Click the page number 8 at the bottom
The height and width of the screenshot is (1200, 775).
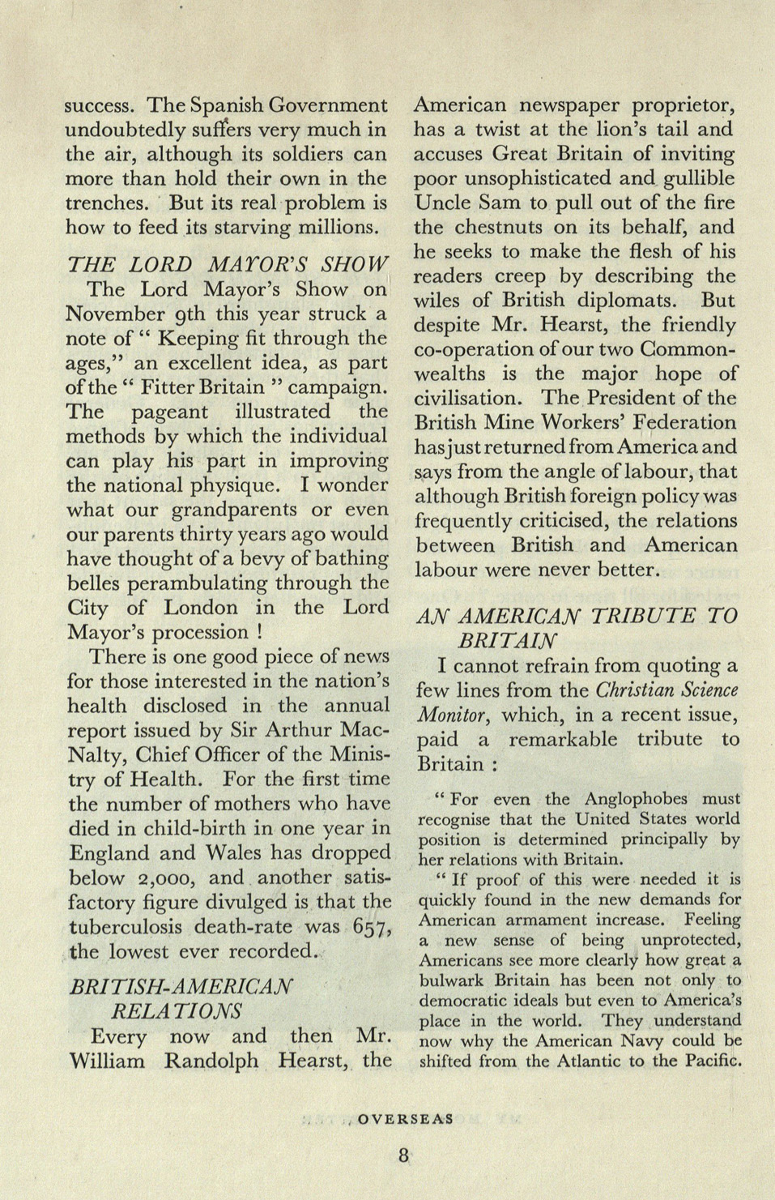403,1155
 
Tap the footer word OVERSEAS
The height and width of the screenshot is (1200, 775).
405,1119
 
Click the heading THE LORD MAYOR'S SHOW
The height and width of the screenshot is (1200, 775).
228,264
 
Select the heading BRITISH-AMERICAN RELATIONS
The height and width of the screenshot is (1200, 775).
181,998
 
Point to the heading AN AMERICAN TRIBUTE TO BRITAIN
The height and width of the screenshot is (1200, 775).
577,627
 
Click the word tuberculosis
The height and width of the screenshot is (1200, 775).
129,927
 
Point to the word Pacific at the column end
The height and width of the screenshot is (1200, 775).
712,1061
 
